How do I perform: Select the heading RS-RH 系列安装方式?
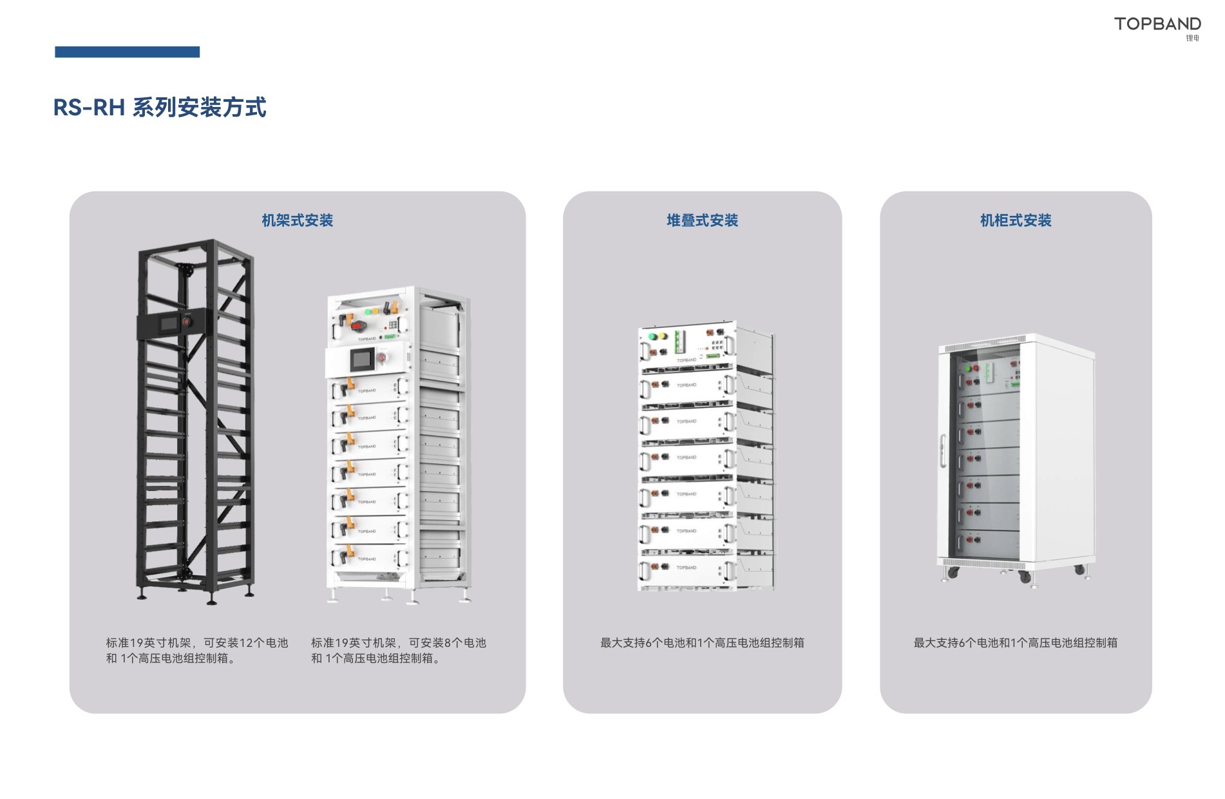click(x=160, y=107)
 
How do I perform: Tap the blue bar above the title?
click(x=127, y=52)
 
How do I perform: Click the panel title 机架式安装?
click(x=297, y=220)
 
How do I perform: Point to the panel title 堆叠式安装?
click(x=702, y=220)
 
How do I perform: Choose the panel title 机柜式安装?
click(x=1015, y=220)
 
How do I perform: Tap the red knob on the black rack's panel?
click(x=187, y=321)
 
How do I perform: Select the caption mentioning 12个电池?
click(x=196, y=650)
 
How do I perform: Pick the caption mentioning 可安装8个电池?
click(x=398, y=650)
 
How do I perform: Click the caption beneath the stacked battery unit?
click(x=702, y=642)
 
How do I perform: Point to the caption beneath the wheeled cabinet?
click(x=1015, y=642)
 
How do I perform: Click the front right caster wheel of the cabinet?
click(x=1025, y=577)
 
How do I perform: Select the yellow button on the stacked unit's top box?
click(x=661, y=336)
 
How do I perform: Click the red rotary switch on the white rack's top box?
click(x=358, y=326)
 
